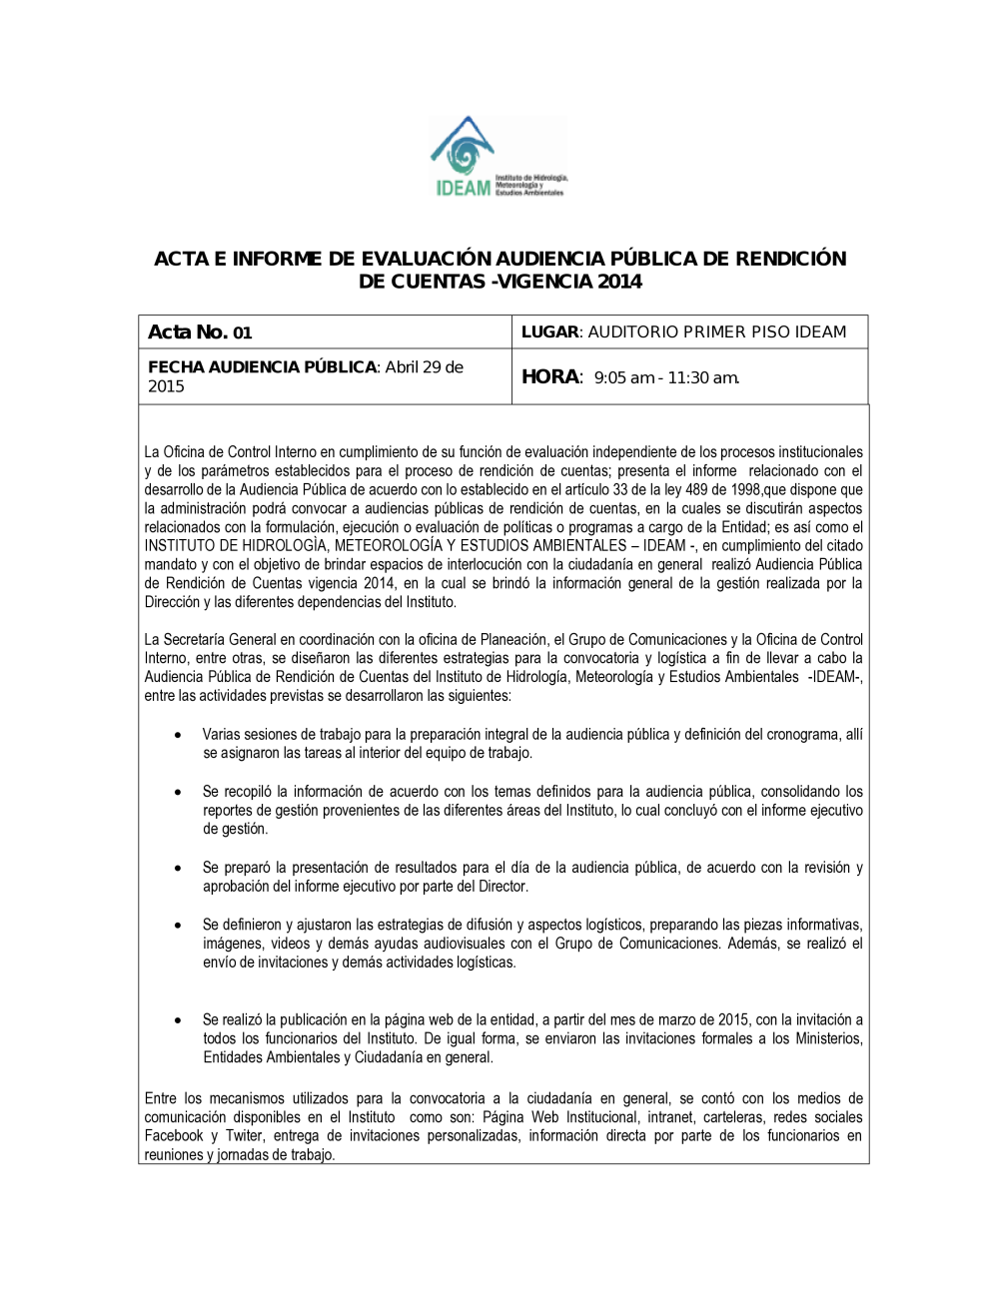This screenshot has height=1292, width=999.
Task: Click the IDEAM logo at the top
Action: point(498,157)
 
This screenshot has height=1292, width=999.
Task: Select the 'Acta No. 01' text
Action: point(200,332)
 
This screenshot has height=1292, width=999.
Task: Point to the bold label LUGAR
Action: point(549,332)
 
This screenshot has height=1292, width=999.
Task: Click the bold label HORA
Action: point(549,377)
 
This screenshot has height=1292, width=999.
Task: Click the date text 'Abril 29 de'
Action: point(425,367)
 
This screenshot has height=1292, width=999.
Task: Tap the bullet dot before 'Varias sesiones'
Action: point(178,735)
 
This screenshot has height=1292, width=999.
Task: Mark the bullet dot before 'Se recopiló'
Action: point(178,792)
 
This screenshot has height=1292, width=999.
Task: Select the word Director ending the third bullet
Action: point(502,887)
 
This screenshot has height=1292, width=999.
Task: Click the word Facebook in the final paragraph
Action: point(174,1136)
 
